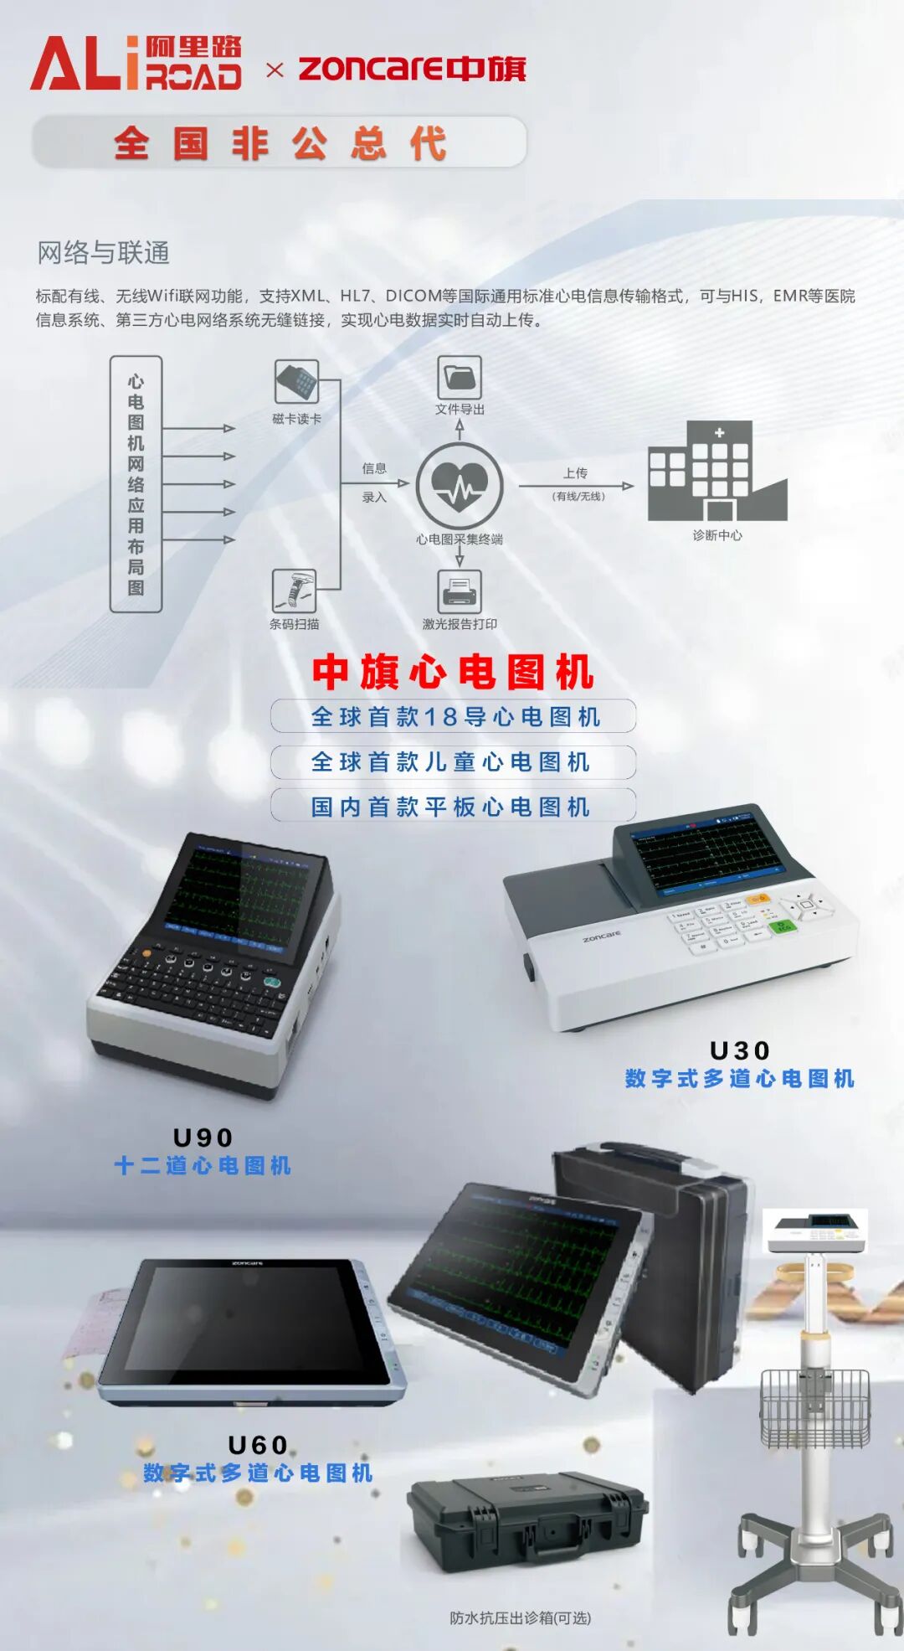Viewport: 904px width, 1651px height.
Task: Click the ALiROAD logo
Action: (x=136, y=63)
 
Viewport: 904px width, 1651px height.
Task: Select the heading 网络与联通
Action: (x=103, y=252)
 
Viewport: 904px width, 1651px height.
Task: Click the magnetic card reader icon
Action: (x=296, y=382)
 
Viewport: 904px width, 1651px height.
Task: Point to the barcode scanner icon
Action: (x=294, y=591)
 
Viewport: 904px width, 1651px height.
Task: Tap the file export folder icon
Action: (x=460, y=377)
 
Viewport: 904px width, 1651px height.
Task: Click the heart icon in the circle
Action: (x=460, y=486)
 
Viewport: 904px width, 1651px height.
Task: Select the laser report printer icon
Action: (x=460, y=591)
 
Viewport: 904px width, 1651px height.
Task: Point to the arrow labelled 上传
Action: (x=576, y=486)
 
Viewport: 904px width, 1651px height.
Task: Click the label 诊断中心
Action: (x=717, y=535)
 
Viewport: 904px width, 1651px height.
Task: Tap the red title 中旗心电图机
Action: (x=453, y=672)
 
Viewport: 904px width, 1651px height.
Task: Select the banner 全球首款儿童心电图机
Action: (x=453, y=762)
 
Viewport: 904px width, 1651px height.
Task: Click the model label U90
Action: (x=203, y=1138)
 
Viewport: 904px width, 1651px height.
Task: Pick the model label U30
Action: (x=740, y=1050)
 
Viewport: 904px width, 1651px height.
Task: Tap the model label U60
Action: (x=258, y=1445)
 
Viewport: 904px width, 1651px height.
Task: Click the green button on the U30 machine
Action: (x=783, y=927)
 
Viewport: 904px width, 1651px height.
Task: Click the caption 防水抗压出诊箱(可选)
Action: (x=520, y=1618)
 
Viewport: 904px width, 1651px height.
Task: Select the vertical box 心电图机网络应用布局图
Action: (x=136, y=484)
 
